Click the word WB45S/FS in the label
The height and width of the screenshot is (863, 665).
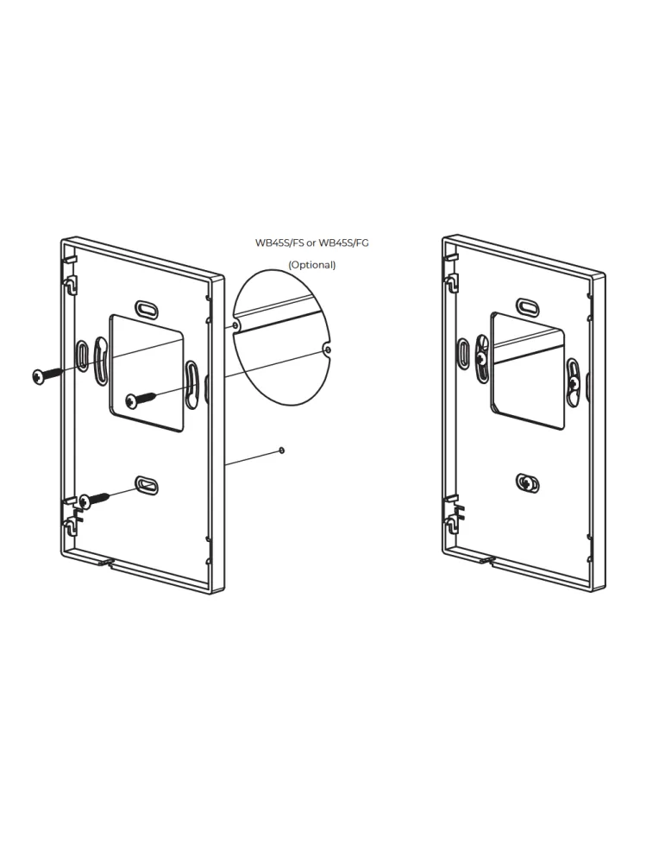279,243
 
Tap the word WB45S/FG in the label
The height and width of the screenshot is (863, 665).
344,243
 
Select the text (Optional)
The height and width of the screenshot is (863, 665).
312,265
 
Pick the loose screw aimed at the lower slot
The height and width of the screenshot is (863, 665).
94,499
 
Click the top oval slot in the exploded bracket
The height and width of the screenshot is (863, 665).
147,309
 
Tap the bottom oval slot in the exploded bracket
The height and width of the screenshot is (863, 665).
147,485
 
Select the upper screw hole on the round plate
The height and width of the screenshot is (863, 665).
235,326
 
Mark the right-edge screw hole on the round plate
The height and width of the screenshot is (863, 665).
328,350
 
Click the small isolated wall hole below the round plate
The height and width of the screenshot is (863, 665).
282,450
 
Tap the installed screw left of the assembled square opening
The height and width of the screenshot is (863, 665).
481,358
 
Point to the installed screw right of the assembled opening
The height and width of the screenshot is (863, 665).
574,382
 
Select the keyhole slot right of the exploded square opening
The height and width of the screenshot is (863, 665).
192,384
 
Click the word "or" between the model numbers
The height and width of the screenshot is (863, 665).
311,243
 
